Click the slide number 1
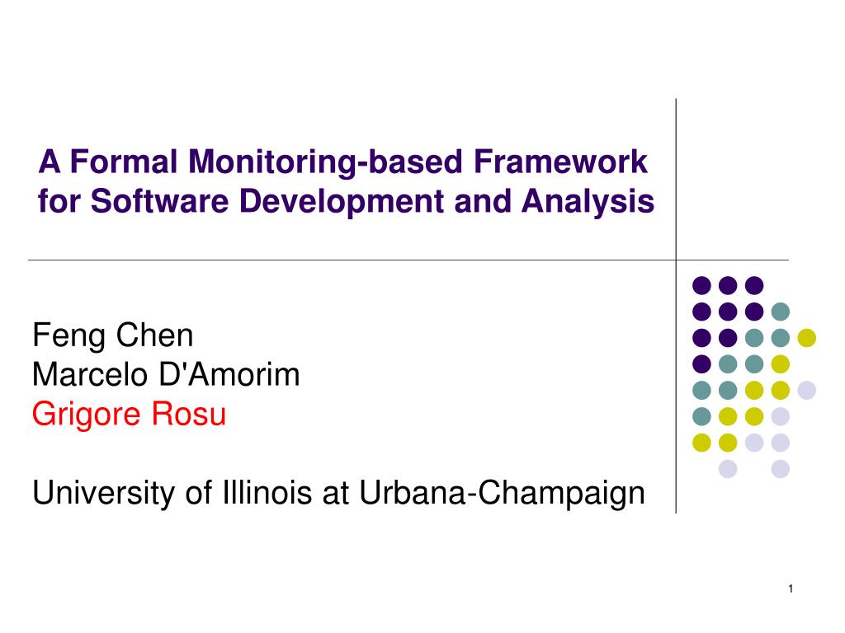click(791, 588)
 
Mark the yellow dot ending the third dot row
click(807, 337)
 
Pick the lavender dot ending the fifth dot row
click(807, 390)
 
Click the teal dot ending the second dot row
click(781, 312)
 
